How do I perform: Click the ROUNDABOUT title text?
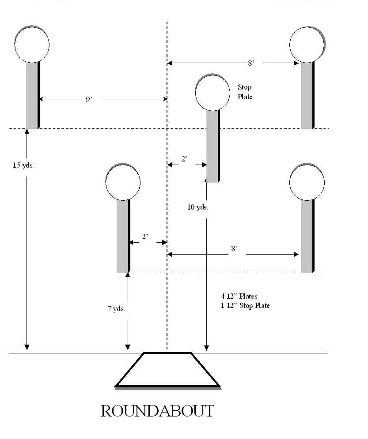157,411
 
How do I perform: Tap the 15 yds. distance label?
23,165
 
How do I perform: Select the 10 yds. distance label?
197,207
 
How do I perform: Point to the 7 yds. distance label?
116,308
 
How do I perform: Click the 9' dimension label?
89,99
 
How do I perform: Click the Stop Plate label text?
245,92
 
